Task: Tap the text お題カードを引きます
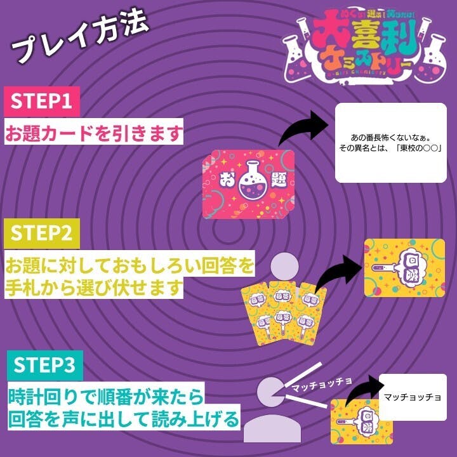94,133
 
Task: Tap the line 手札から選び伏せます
94,288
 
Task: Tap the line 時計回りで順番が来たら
105,398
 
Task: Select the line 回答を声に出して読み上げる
124,420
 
